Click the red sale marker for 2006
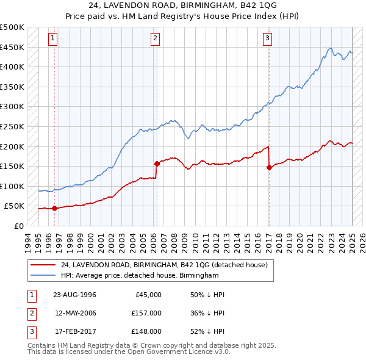pyautogui.click(x=157, y=164)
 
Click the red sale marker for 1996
pyautogui.click(x=55, y=208)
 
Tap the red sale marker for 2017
pyautogui.click(x=269, y=167)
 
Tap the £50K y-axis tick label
pyautogui.click(x=15, y=206)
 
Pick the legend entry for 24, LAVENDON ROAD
pyautogui.click(x=164, y=265)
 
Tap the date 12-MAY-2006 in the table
pyautogui.click(x=74, y=313)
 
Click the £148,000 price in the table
pyautogui.click(x=146, y=331)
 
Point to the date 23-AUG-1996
pyautogui.click(x=74, y=295)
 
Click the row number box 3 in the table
pyautogui.click(x=30, y=331)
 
